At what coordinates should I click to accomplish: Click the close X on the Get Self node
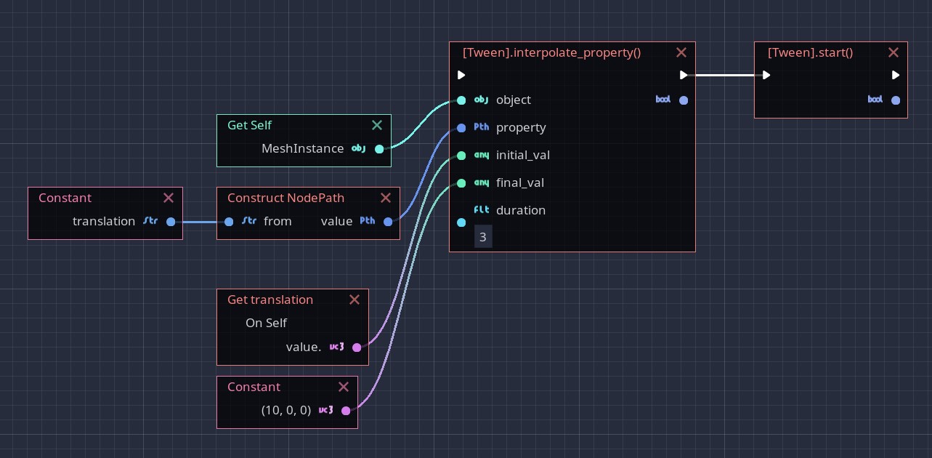(x=376, y=125)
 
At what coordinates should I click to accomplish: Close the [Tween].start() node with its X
(x=893, y=52)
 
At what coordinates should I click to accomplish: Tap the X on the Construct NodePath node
(x=385, y=198)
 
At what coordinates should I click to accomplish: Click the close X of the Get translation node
(x=354, y=300)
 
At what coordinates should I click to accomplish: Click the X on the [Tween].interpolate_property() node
(x=681, y=52)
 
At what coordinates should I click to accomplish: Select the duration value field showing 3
(x=483, y=237)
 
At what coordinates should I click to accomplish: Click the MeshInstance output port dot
(x=379, y=149)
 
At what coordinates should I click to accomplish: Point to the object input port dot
(x=461, y=100)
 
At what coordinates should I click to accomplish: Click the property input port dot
(x=461, y=128)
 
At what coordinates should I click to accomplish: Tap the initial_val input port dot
(x=461, y=156)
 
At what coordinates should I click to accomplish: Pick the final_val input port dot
(x=461, y=183)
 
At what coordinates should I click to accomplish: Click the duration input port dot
(x=461, y=222)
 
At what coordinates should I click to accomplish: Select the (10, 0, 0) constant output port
(x=346, y=411)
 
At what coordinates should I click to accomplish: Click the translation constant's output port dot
(x=171, y=222)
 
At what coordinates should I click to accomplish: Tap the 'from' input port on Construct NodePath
(x=229, y=222)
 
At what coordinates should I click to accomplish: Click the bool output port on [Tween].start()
(x=896, y=100)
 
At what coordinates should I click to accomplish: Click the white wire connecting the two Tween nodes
(x=726, y=75)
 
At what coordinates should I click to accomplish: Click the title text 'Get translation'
(x=270, y=300)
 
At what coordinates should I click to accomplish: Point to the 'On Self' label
(x=266, y=323)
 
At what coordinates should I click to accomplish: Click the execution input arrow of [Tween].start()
(x=766, y=75)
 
